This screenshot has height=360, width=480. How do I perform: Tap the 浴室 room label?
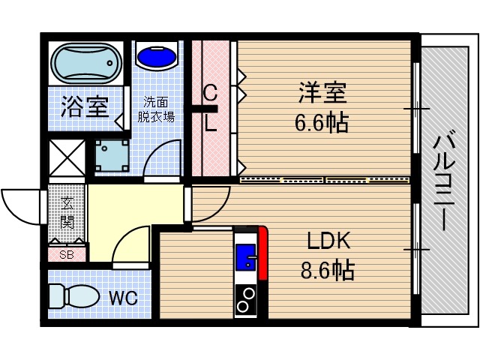point(83,108)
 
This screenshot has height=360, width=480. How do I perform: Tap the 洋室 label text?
point(322,94)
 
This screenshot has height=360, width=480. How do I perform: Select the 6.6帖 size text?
point(322,122)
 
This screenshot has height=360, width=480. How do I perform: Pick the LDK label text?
point(329,241)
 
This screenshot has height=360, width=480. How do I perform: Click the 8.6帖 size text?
point(329,269)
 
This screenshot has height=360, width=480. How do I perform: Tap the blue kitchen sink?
point(246,259)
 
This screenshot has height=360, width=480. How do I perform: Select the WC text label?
point(123,298)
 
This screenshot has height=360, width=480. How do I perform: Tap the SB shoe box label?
point(67,253)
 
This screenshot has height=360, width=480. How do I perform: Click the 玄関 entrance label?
point(66,213)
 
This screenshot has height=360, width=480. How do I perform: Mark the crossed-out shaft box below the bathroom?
point(66,157)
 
